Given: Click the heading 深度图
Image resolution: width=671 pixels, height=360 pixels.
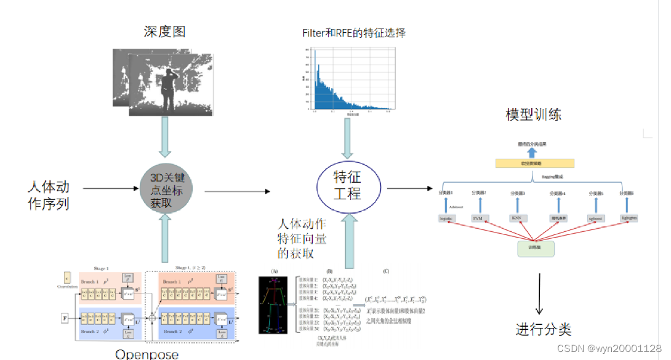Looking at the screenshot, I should point(164,31).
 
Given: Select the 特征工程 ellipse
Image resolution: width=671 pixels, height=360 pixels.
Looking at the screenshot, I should point(347,185).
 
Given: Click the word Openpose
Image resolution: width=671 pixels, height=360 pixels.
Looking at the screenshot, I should point(147,354).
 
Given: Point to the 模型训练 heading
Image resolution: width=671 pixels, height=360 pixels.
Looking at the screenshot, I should point(533,114).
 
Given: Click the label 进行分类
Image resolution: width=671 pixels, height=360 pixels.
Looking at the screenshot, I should point(544,329).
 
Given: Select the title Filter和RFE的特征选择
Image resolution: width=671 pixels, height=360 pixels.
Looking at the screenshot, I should point(354,32).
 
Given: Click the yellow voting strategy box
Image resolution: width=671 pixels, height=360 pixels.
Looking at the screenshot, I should point(534,163).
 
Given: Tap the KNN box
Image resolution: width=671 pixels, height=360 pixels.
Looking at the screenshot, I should point(516,218).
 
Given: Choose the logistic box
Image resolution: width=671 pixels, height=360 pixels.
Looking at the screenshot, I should point(446,218).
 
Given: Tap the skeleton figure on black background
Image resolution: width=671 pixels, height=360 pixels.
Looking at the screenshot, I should point(273,305).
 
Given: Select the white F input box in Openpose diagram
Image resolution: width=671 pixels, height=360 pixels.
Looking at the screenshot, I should point(65,318).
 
